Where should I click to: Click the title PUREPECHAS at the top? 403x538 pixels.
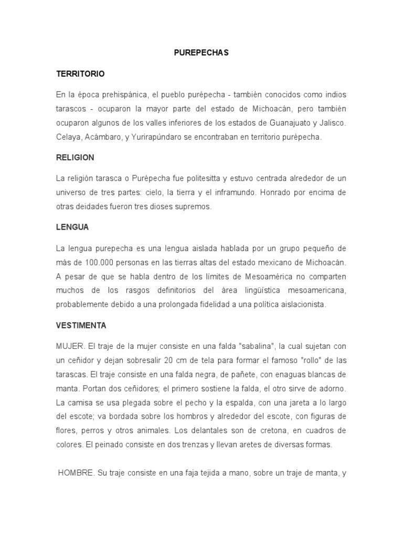[201, 53]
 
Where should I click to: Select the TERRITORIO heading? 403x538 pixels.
[80, 74]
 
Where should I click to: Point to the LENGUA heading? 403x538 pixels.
[72, 227]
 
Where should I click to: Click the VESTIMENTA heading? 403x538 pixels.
[81, 326]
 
